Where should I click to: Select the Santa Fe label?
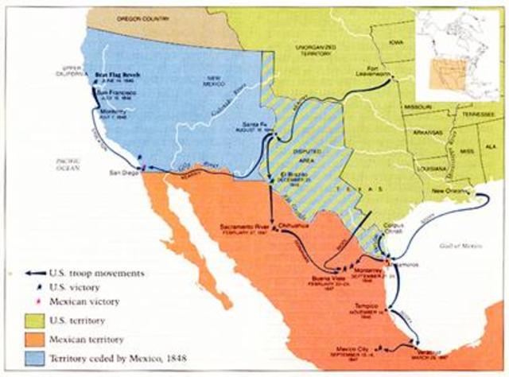pos(254,125)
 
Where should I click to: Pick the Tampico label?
pos(368,306)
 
